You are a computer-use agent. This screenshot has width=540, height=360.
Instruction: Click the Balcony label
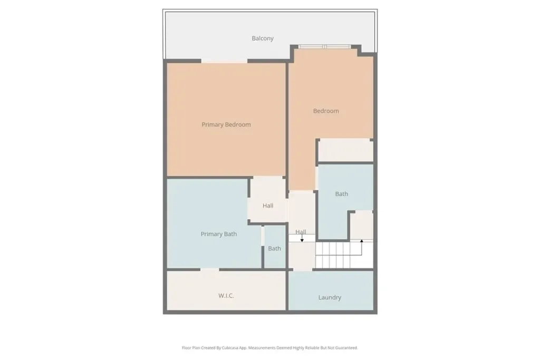(x=263, y=38)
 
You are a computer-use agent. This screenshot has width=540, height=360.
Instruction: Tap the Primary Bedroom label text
(x=226, y=124)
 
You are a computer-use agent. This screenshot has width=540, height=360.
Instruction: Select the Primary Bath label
(x=219, y=234)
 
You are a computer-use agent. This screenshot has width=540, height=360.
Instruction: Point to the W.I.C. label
(x=226, y=296)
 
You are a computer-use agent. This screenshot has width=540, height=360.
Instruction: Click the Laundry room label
(x=330, y=297)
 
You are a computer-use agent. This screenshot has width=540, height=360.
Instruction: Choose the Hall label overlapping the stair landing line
(x=301, y=232)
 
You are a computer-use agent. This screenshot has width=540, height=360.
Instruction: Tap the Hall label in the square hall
(x=268, y=206)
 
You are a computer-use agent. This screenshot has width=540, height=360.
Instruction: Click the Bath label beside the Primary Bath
(x=274, y=248)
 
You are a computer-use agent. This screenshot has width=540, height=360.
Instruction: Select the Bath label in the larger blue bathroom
(x=341, y=194)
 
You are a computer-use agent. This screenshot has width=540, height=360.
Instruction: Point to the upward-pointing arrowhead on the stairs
(x=362, y=241)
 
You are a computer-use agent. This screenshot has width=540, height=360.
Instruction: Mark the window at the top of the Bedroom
(x=324, y=47)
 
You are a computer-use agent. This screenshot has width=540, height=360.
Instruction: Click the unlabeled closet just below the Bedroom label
(x=345, y=150)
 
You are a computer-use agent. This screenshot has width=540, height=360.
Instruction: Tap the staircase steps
(x=344, y=255)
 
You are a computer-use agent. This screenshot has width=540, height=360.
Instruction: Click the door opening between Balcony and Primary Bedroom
(x=224, y=61)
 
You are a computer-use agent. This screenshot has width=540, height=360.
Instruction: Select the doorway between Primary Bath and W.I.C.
(x=210, y=269)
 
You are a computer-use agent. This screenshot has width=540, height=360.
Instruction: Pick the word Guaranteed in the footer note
(x=347, y=348)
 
